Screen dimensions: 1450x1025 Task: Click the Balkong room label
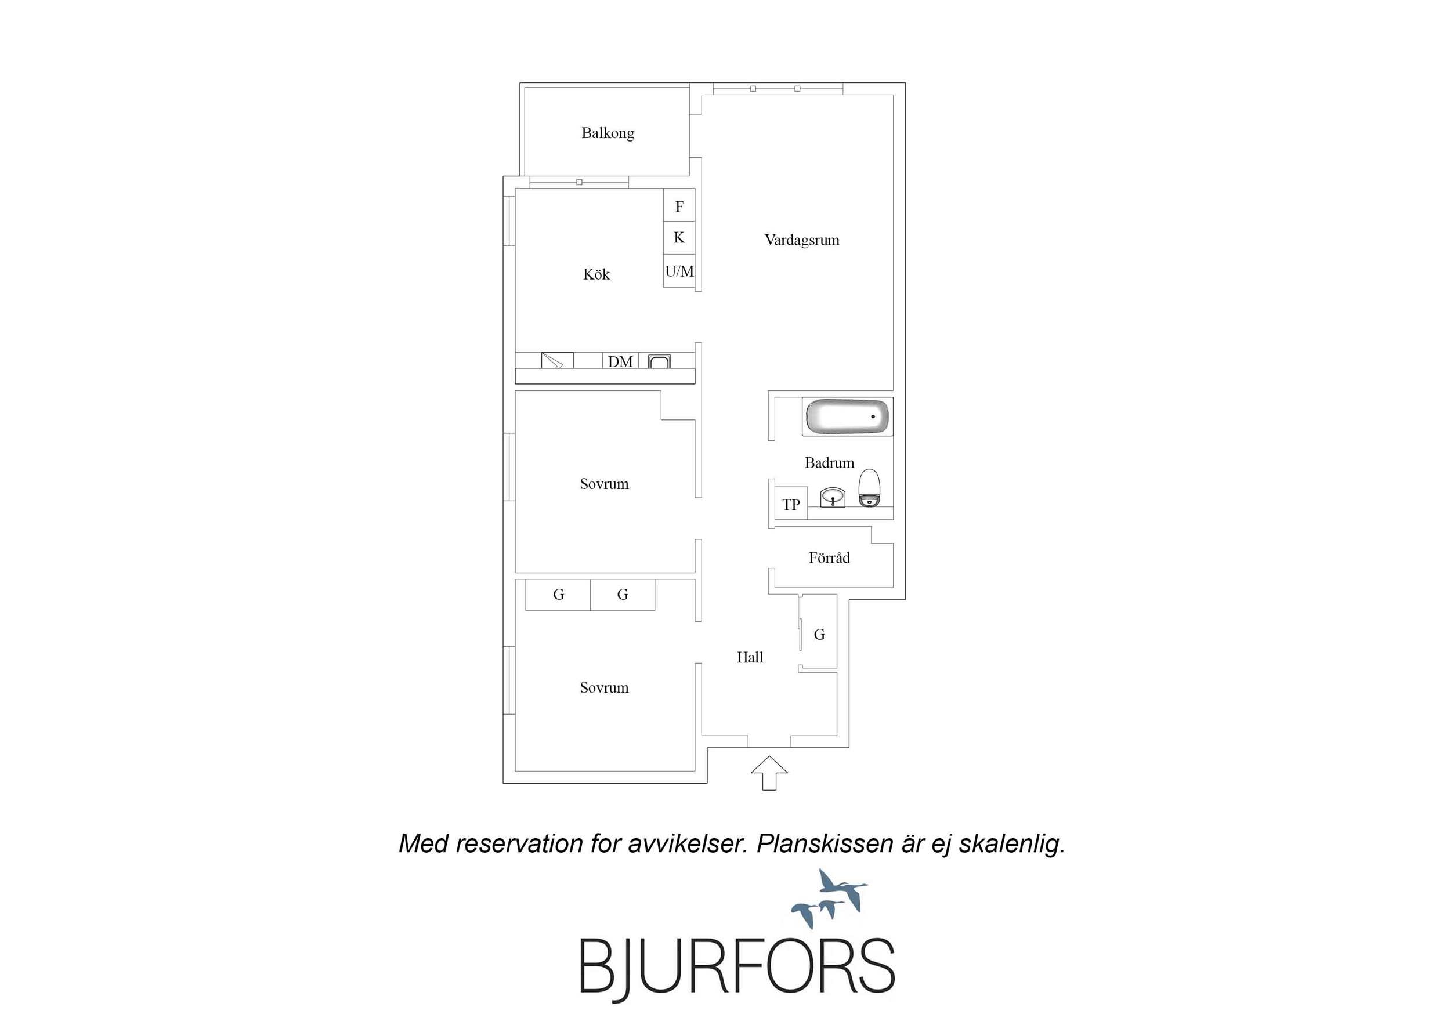(x=608, y=133)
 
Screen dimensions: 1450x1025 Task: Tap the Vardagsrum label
(x=802, y=240)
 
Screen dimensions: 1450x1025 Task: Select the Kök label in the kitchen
(x=596, y=274)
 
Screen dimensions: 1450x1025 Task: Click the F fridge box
(x=679, y=206)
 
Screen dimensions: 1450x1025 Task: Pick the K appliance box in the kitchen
(x=679, y=237)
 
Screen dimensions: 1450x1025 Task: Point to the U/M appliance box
(x=679, y=271)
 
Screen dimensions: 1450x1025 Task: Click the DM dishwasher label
(x=620, y=362)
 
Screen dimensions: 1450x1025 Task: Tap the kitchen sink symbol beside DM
(x=659, y=362)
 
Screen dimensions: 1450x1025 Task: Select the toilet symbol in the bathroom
(x=870, y=487)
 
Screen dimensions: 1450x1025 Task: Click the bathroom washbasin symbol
(x=833, y=497)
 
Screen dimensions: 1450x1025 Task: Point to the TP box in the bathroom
(x=791, y=504)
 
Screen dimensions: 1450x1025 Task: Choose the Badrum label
(x=829, y=463)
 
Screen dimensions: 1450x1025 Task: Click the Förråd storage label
(x=829, y=557)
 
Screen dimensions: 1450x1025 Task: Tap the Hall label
(x=750, y=657)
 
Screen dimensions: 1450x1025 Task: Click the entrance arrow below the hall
(x=769, y=773)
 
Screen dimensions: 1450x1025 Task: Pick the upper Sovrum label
(x=605, y=484)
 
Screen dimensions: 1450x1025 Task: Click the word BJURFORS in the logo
(x=737, y=967)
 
